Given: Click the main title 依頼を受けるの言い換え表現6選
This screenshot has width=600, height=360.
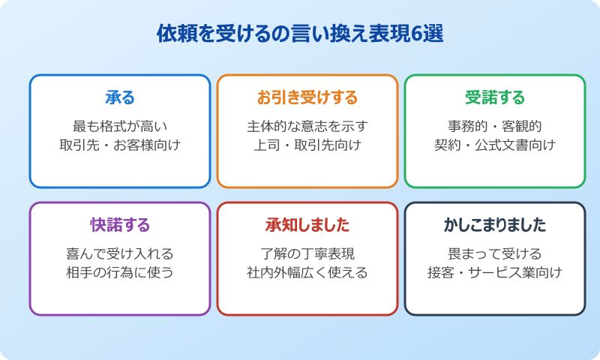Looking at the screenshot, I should pyautogui.click(x=300, y=34).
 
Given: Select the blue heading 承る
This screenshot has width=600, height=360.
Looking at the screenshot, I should pyautogui.click(x=120, y=97).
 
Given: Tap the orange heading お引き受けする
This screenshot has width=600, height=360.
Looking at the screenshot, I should pyautogui.click(x=307, y=97).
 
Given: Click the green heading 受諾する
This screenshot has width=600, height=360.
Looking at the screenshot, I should pyautogui.click(x=495, y=97).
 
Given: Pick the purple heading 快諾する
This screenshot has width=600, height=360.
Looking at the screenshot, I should pyautogui.click(x=120, y=225).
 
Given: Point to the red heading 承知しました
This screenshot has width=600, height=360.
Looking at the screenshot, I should pyautogui.click(x=307, y=225).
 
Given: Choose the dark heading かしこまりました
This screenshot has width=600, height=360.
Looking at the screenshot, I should pyautogui.click(x=495, y=225).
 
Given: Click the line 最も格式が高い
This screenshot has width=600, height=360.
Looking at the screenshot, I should pyautogui.click(x=120, y=125).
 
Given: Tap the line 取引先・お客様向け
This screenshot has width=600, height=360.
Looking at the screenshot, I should pyautogui.click(x=120, y=145).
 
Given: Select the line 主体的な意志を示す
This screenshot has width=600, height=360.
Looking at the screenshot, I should pyautogui.click(x=307, y=125).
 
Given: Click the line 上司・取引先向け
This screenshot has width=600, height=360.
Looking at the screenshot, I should pyautogui.click(x=307, y=145).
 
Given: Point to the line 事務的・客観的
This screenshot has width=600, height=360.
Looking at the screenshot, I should pyautogui.click(x=495, y=125).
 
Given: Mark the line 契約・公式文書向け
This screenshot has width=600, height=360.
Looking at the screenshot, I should pyautogui.click(x=495, y=145).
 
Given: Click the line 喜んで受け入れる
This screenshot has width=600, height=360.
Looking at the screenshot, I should pyautogui.click(x=120, y=253).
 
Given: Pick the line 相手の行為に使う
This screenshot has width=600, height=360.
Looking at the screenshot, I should pyautogui.click(x=120, y=272).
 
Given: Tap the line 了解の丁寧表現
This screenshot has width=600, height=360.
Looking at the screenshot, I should pyautogui.click(x=307, y=253).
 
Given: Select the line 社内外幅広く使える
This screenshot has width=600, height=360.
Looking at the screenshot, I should pyautogui.click(x=307, y=272).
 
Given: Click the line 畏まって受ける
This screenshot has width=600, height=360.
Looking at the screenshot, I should pyautogui.click(x=495, y=253).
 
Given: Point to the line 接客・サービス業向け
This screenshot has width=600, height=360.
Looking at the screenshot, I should pyautogui.click(x=495, y=272).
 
